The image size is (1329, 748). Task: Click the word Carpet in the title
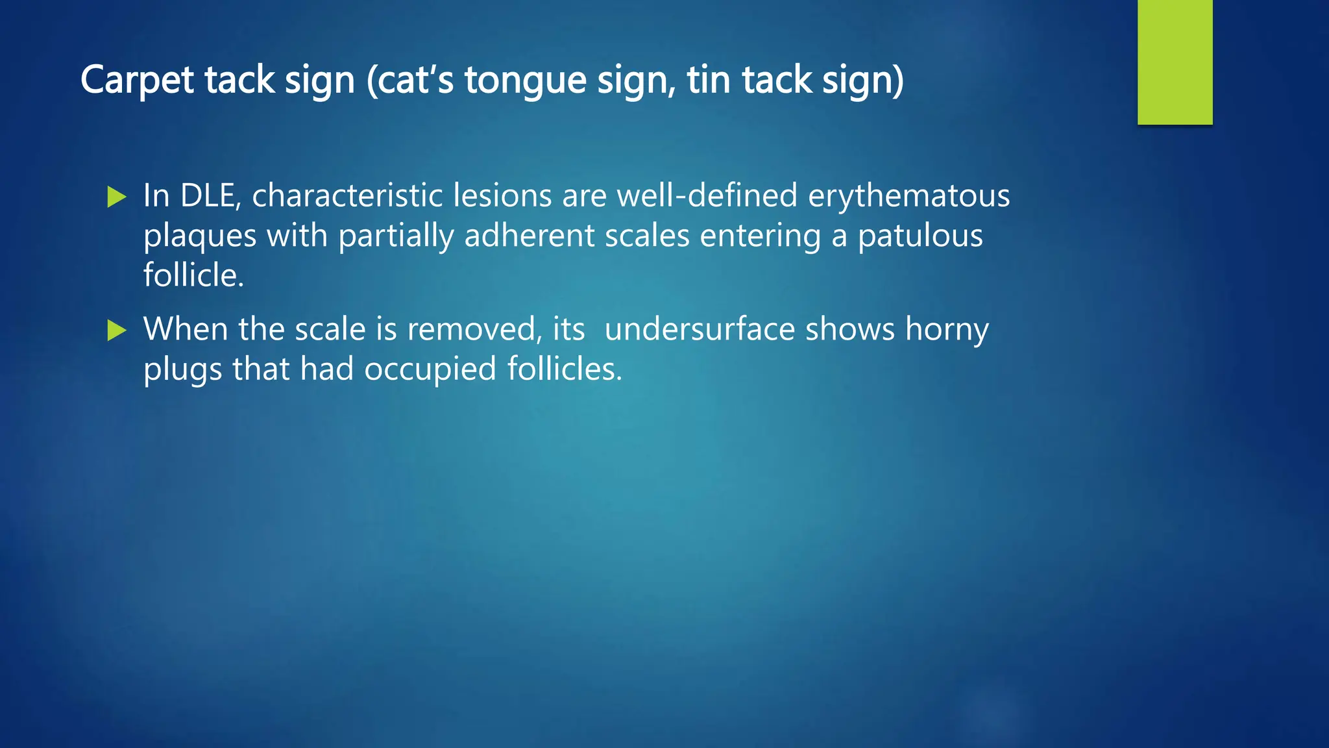point(137,81)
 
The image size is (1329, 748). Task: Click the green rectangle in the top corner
point(1175,62)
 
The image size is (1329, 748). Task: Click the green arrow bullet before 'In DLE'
point(116,196)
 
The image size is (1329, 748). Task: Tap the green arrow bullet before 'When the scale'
point(116,330)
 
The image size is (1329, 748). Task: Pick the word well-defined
point(707,195)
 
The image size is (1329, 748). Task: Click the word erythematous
point(908,195)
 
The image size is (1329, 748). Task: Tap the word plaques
point(200,236)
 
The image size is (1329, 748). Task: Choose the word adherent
point(529,235)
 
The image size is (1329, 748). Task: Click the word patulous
point(920,235)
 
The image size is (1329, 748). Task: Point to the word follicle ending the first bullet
point(193,275)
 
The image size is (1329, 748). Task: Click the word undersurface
point(700,329)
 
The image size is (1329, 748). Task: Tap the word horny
point(947,330)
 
